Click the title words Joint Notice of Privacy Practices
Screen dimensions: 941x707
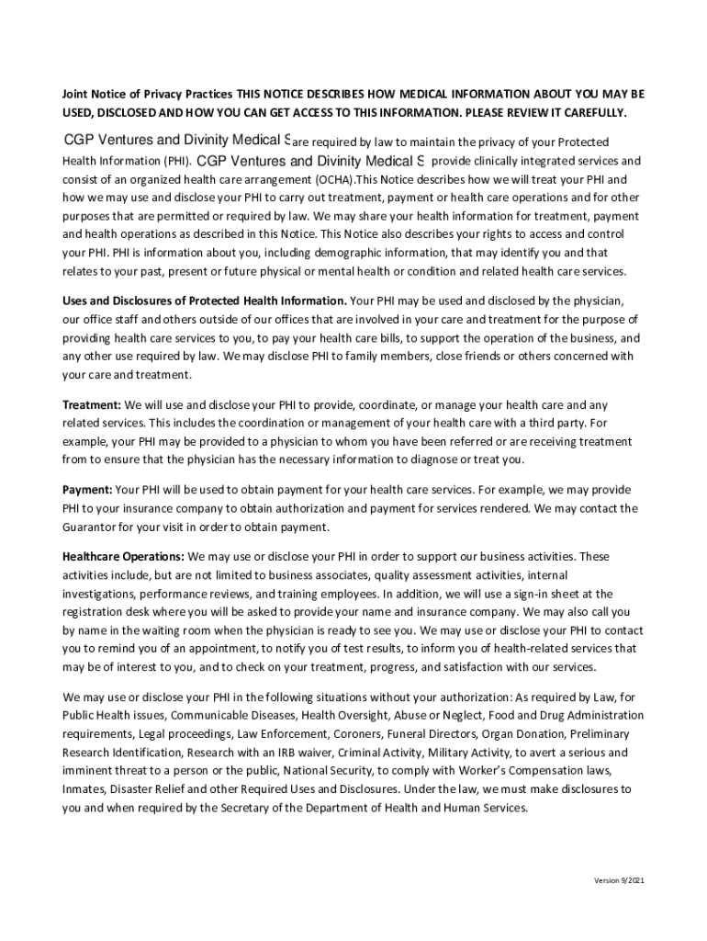tap(147, 95)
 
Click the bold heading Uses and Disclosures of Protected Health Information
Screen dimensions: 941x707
tap(204, 300)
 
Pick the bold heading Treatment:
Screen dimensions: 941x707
tap(91, 405)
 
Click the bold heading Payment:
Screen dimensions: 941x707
tap(87, 490)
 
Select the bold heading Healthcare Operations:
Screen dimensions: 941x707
tap(123, 557)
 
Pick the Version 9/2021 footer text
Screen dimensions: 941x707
tap(619, 881)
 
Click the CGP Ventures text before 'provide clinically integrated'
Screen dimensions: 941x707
tap(308, 161)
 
